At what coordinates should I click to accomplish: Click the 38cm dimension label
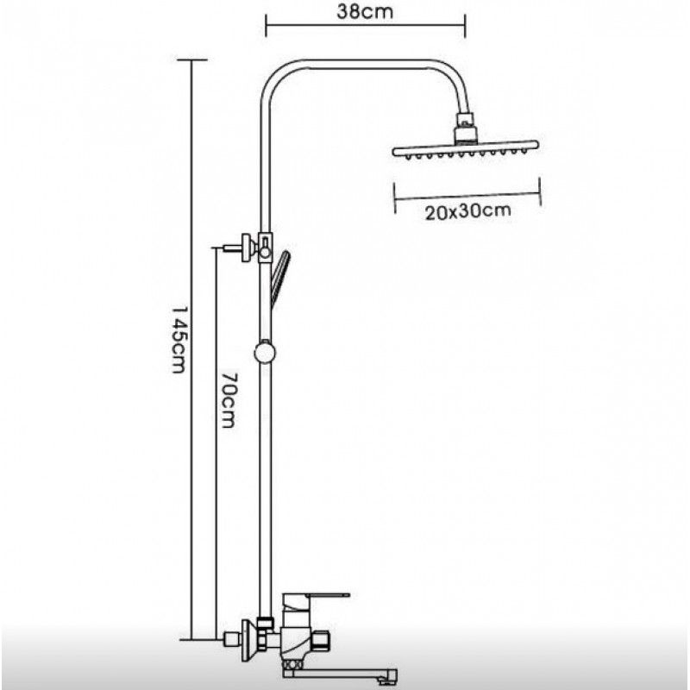[365, 15]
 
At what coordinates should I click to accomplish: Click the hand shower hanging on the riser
[280, 274]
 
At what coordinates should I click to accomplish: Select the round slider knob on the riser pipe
[265, 353]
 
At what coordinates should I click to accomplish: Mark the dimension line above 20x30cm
[467, 193]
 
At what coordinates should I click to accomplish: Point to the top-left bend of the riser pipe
[273, 73]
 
